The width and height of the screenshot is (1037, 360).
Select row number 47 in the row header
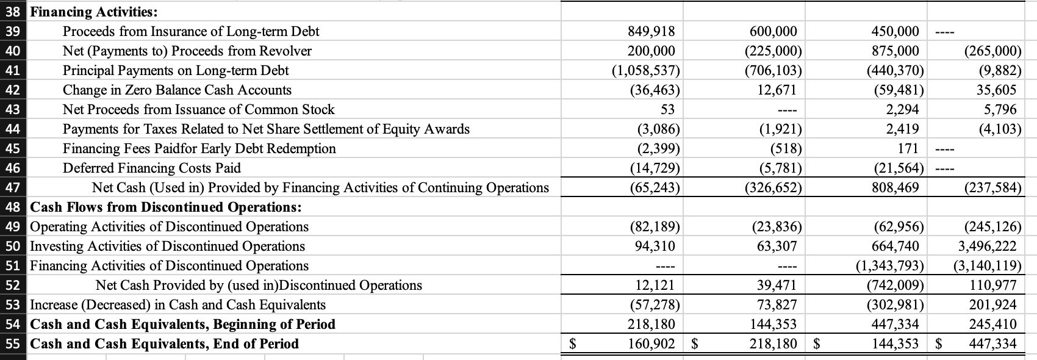tap(12, 187)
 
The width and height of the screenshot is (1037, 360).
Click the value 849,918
tap(651, 31)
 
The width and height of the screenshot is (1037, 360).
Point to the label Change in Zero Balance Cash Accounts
tap(177, 90)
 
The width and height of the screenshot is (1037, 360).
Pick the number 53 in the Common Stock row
tap(667, 109)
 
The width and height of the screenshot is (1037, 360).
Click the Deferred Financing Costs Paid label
tap(152, 168)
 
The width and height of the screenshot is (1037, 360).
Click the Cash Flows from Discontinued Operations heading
tap(166, 207)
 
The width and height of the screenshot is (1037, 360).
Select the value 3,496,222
tap(988, 246)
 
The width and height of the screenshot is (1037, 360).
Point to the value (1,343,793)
tap(889, 265)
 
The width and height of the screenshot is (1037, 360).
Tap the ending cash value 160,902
tap(651, 344)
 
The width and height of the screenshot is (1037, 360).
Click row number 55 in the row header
tap(12, 344)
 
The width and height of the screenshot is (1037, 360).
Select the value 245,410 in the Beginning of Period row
tap(992, 324)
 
